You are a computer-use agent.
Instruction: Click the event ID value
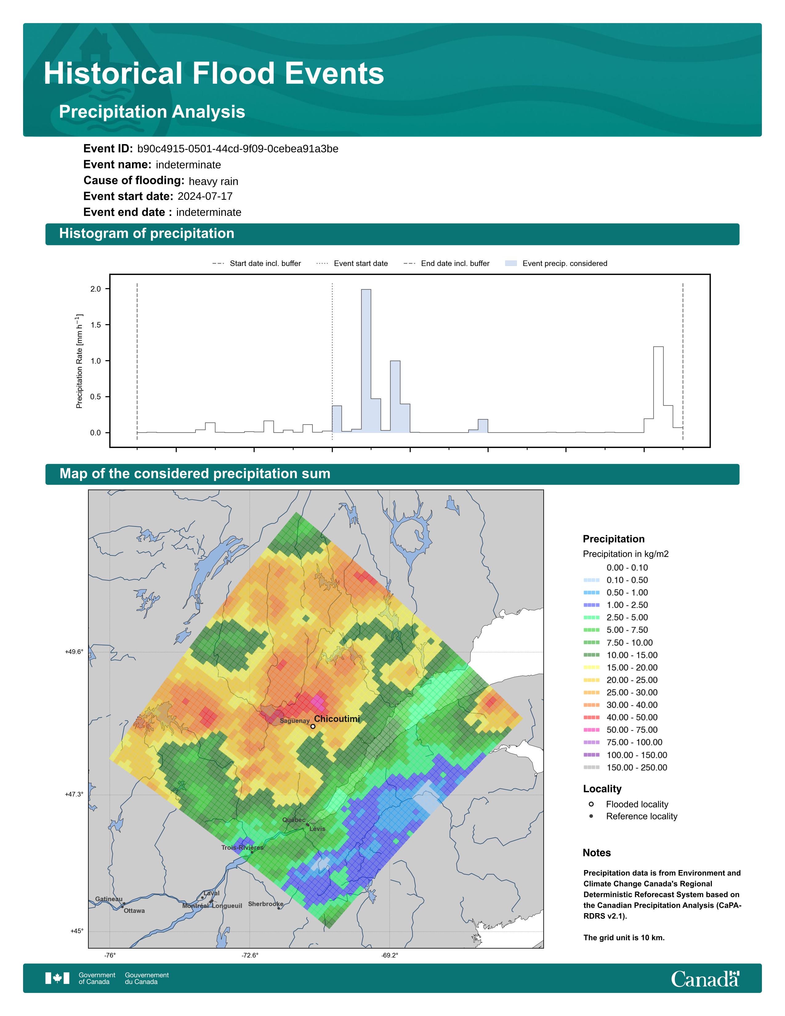pyautogui.click(x=238, y=149)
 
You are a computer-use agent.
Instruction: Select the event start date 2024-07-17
pyautogui.click(x=205, y=196)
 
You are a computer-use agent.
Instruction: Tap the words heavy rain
pyautogui.click(x=213, y=181)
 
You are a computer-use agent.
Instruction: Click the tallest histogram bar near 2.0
pyautogui.click(x=366, y=361)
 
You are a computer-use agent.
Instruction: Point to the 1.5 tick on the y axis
pyautogui.click(x=96, y=325)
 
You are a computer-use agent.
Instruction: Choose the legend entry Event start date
pyautogui.click(x=352, y=263)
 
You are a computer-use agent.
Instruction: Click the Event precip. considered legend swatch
pyautogui.click(x=511, y=263)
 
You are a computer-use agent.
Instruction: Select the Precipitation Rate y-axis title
pyautogui.click(x=79, y=361)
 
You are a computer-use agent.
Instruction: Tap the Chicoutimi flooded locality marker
pyautogui.click(x=313, y=726)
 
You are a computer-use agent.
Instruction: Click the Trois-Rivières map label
pyautogui.click(x=242, y=848)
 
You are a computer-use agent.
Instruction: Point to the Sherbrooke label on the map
pyautogui.click(x=266, y=904)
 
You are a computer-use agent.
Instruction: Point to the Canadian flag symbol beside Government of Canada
pyautogui.click(x=58, y=978)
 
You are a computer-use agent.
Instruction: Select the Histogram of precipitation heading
pyautogui.click(x=147, y=234)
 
